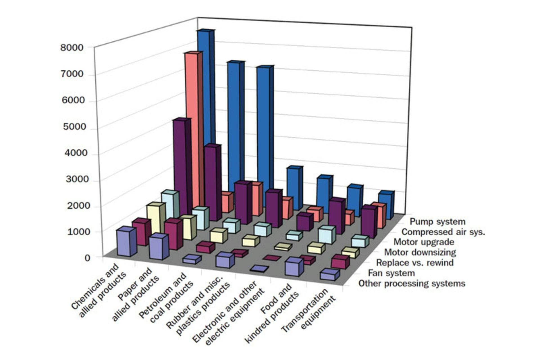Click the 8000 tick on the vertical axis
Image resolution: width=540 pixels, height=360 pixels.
[x=72, y=47]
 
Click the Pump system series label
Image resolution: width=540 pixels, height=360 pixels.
[x=437, y=222]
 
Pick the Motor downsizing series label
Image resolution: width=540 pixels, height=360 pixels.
[x=420, y=252]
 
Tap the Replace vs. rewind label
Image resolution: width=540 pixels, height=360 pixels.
[x=415, y=263]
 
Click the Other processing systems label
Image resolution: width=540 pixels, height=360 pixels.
[x=412, y=283]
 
